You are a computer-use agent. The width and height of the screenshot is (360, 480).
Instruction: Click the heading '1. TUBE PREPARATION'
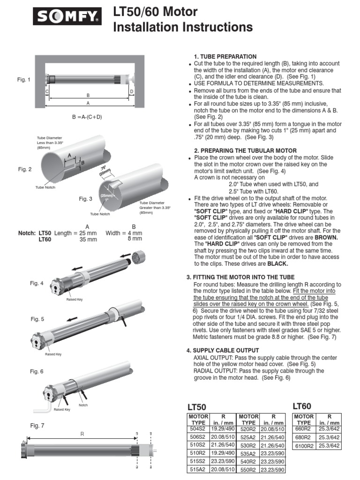225,57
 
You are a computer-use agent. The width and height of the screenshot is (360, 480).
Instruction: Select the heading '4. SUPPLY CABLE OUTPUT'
222,351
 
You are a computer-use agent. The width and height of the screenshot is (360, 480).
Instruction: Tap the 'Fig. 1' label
24,80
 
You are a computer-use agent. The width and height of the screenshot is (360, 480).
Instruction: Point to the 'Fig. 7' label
37,426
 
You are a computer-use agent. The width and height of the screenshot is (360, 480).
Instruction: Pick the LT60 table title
302,406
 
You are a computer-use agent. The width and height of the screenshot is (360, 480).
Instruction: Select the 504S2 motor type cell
198,428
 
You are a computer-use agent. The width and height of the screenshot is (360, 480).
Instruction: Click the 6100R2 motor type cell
304,446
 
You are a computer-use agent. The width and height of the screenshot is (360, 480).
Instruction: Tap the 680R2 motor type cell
304,437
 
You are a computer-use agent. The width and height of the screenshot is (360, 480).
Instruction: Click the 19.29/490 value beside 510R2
223,453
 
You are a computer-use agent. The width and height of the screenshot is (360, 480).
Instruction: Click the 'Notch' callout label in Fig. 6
83,405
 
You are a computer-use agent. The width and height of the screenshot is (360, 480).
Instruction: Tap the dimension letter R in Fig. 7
82,434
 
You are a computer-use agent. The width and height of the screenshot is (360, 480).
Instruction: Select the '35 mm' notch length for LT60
88,239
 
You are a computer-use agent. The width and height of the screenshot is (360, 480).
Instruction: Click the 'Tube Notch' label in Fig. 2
45,187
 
